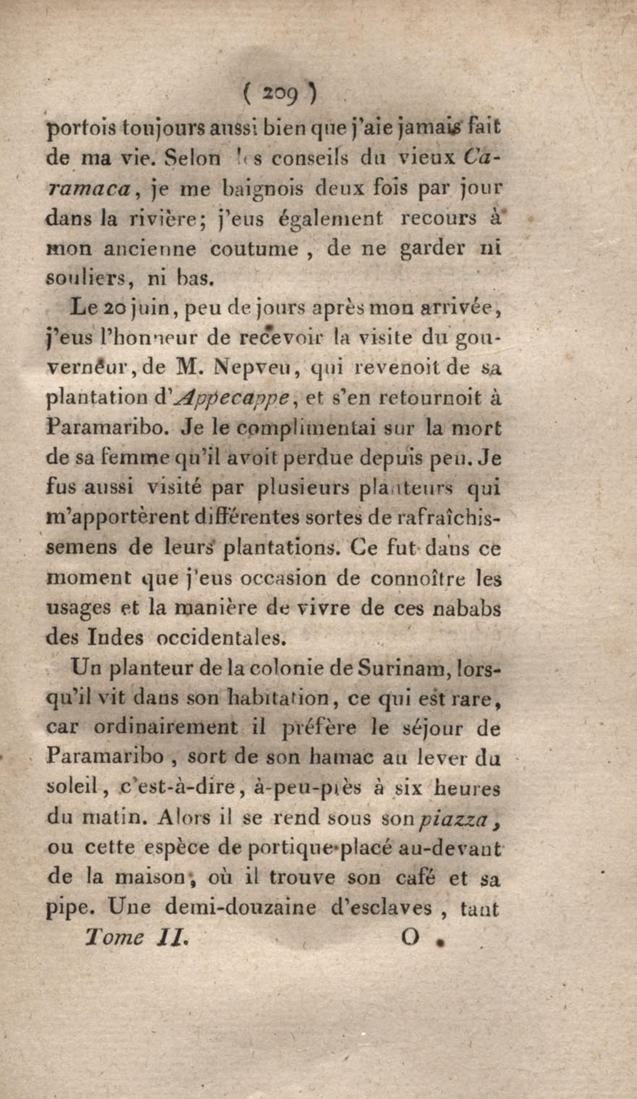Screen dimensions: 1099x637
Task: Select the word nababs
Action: tap(468, 608)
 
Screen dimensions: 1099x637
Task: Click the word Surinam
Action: tap(403, 668)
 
